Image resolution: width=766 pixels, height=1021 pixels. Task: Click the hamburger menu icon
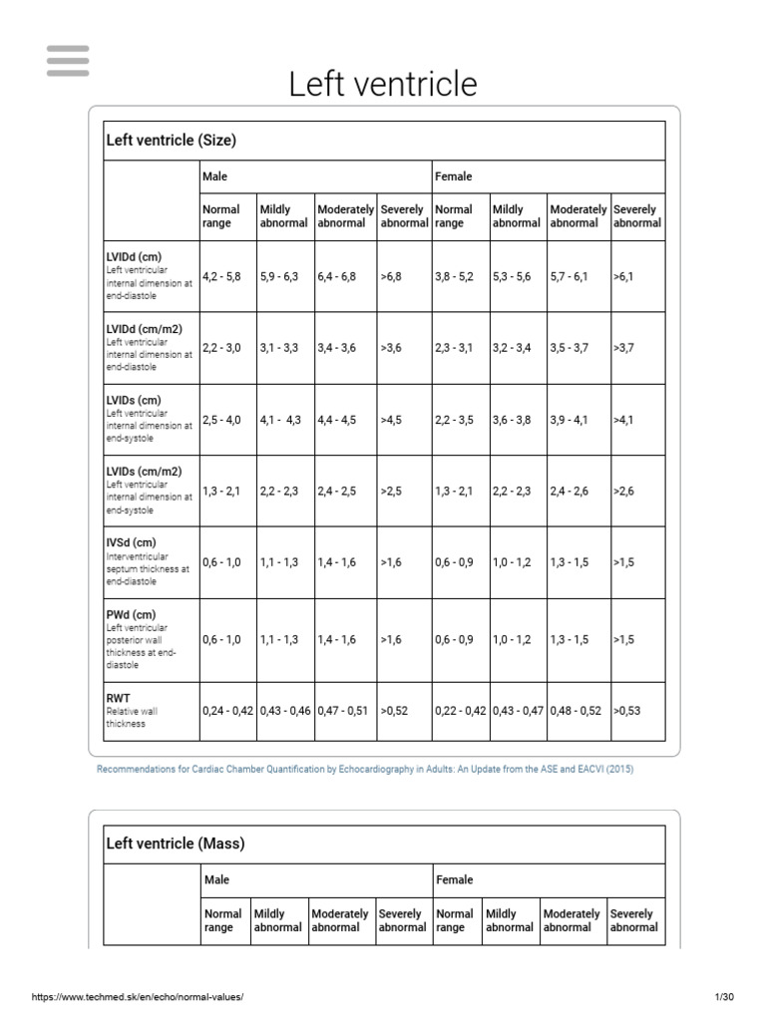pyautogui.click(x=68, y=61)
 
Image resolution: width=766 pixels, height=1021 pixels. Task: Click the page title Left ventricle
pyautogui.click(x=383, y=84)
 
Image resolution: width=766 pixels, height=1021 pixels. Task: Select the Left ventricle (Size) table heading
pyautogui.click(x=172, y=140)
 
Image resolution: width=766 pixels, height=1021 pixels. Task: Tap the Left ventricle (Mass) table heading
pyautogui.click(x=176, y=844)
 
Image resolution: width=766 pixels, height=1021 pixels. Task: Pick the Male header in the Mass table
pyautogui.click(x=216, y=880)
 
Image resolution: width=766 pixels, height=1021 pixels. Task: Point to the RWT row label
pyautogui.click(x=119, y=699)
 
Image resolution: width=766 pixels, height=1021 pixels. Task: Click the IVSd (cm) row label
pyautogui.click(x=132, y=542)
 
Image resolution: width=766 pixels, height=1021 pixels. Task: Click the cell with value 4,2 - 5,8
pyautogui.click(x=221, y=276)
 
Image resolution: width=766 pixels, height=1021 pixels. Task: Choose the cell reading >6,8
pyautogui.click(x=391, y=276)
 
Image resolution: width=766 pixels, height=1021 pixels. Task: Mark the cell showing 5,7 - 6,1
pyautogui.click(x=570, y=276)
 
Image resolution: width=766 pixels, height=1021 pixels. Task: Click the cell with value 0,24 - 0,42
pyautogui.click(x=228, y=711)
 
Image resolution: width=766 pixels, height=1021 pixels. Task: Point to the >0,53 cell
pyautogui.click(x=629, y=711)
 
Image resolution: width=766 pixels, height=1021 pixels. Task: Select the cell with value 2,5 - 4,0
pyautogui.click(x=221, y=420)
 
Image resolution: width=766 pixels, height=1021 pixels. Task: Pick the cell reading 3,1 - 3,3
pyautogui.click(x=279, y=348)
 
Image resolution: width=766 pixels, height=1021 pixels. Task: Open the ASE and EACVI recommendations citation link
pyautogui.click(x=365, y=770)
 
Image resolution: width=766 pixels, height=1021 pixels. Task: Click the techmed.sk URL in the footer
pyautogui.click(x=138, y=997)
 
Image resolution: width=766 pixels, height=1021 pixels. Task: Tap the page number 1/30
pyautogui.click(x=724, y=997)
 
